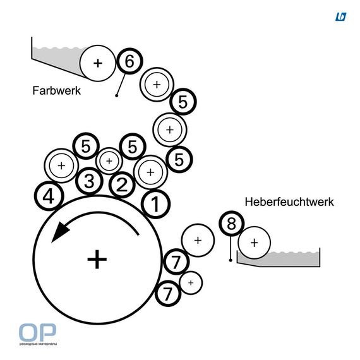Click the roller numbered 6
click(129, 61)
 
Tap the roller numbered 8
click(231, 224)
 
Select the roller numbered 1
click(155, 204)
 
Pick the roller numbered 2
click(122, 184)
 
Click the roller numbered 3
click(89, 181)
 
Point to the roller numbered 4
click(49, 196)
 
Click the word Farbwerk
click(56, 90)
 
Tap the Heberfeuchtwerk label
click(289, 202)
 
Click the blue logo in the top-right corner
click(340, 17)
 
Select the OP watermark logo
click(38, 334)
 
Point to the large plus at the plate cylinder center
click(97, 260)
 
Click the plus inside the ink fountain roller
click(98, 63)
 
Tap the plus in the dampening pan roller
click(254, 243)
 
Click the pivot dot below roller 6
click(117, 95)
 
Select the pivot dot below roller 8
click(231, 260)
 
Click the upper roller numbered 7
click(176, 261)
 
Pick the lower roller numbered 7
click(168, 294)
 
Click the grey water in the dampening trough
click(292, 259)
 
